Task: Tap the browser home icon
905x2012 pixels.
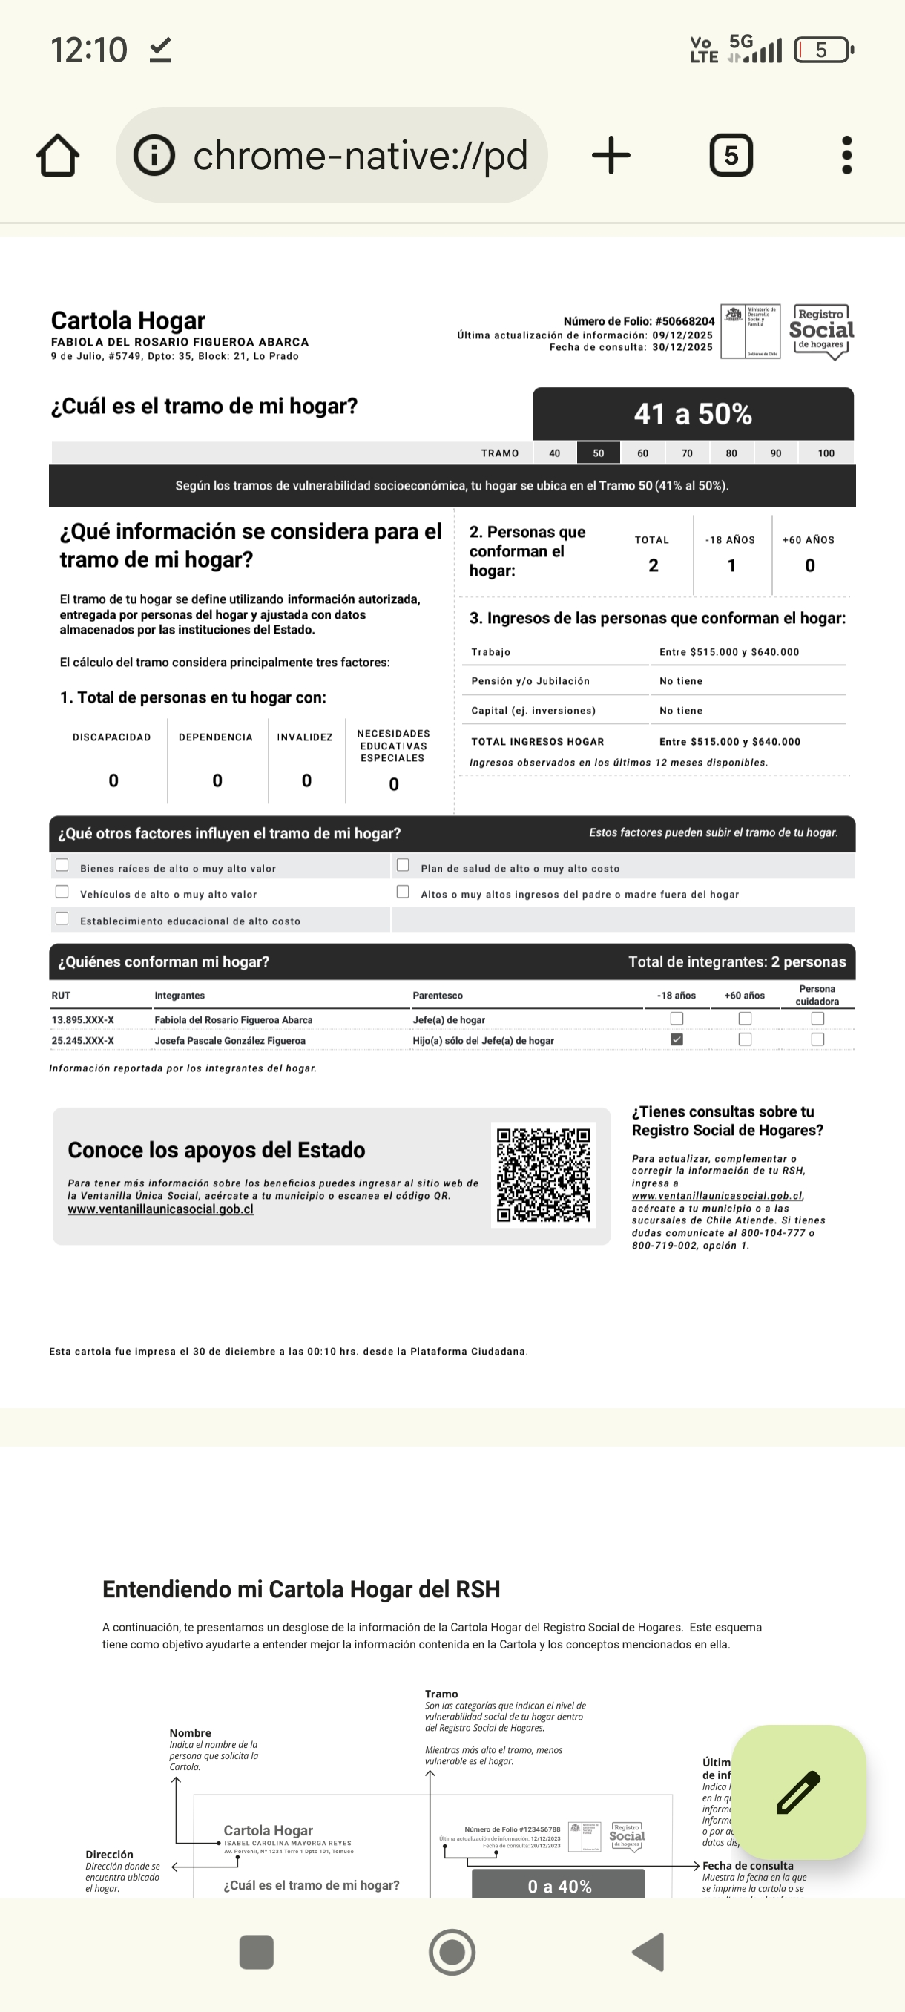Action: coord(58,156)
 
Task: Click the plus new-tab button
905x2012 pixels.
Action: coord(611,156)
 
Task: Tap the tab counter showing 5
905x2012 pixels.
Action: coord(731,156)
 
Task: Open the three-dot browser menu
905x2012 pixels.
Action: coord(846,156)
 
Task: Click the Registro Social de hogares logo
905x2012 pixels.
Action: coord(821,331)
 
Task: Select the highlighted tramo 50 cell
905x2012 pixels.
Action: coord(598,453)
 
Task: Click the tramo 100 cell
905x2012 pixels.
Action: coord(826,453)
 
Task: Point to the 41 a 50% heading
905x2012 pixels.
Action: coord(693,414)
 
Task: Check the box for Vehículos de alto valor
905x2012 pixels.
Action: coord(62,892)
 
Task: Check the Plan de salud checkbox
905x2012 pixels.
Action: coord(403,865)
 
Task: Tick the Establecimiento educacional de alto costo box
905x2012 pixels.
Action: coord(62,918)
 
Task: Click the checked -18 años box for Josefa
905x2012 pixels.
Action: coord(677,1039)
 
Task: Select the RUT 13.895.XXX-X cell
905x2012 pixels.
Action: coord(83,1020)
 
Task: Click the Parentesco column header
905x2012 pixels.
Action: coord(437,996)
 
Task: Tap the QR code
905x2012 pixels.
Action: coord(544,1174)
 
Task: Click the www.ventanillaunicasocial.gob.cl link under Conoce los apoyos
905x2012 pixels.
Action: coord(160,1209)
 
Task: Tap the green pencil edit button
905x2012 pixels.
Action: coord(798,1792)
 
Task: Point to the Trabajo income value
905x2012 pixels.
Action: coord(728,652)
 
